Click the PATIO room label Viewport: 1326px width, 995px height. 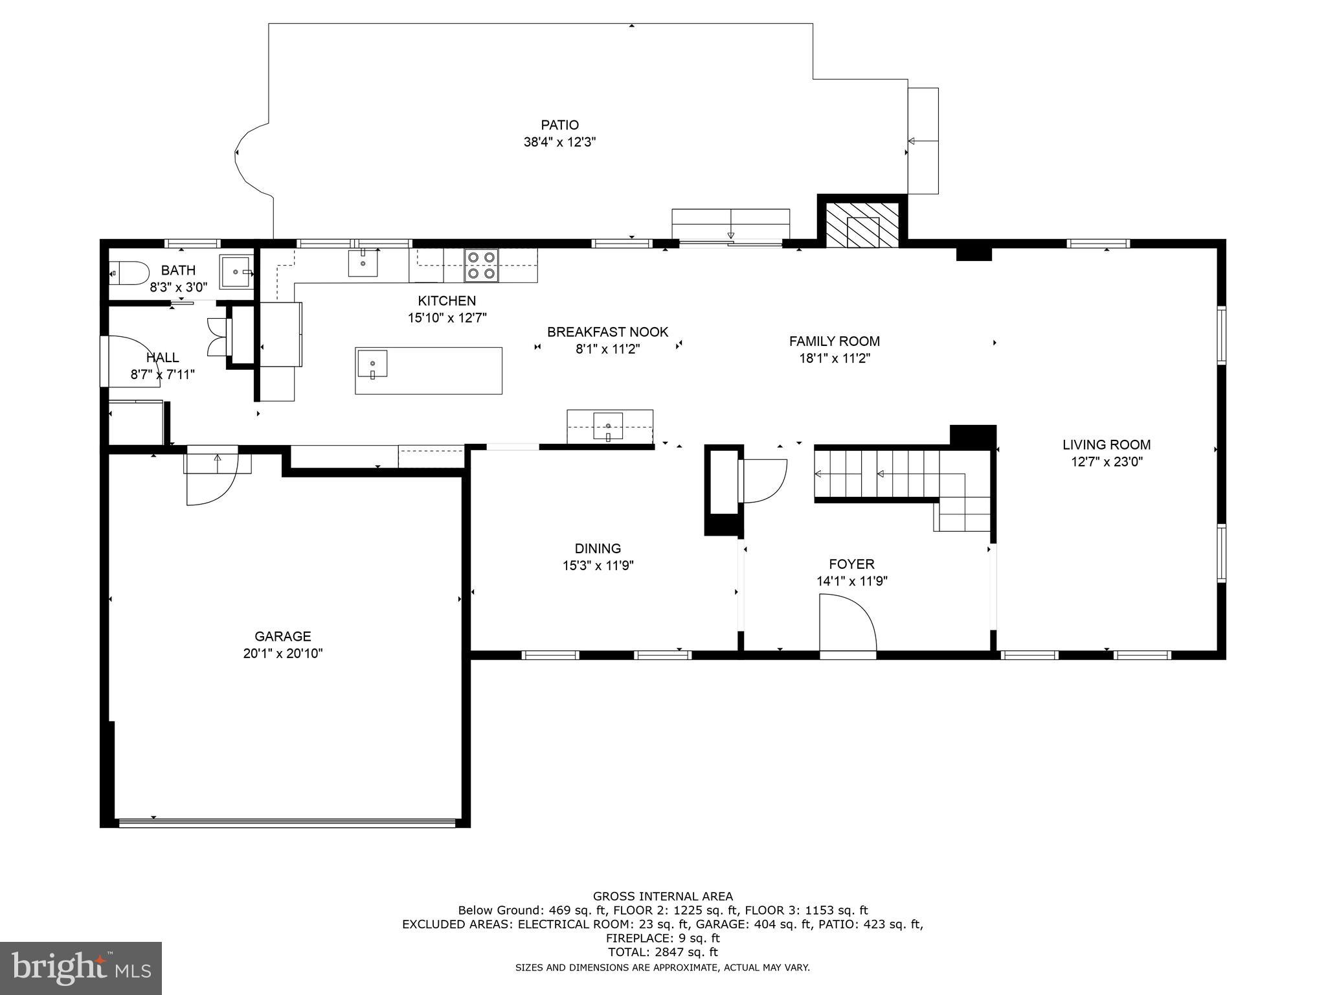point(559,125)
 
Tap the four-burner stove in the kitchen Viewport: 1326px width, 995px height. point(481,266)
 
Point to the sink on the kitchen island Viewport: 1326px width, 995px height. point(372,363)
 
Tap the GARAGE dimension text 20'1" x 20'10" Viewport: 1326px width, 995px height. point(283,654)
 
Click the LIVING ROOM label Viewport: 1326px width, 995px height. point(1107,445)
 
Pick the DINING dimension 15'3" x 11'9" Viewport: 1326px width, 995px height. point(598,566)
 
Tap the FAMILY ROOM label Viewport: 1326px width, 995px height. point(834,341)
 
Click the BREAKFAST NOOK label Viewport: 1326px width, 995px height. point(607,332)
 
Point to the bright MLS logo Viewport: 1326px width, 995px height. point(80,968)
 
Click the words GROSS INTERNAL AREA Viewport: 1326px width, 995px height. point(662,897)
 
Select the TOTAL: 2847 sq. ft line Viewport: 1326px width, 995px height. point(662,952)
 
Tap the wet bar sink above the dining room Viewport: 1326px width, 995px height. point(608,426)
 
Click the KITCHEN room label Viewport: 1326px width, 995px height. point(447,301)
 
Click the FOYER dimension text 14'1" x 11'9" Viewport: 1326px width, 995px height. point(851,581)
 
